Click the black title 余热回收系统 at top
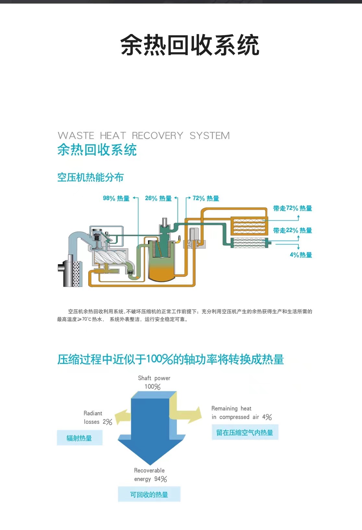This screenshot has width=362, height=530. [x=190, y=45]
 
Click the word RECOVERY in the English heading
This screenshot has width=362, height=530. [x=157, y=135]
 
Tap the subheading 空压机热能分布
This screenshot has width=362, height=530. [x=90, y=177]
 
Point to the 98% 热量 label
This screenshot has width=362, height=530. [x=116, y=198]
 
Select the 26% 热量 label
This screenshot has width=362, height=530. [x=158, y=198]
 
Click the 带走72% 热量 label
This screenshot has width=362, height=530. [x=292, y=208]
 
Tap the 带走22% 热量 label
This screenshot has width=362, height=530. [x=292, y=230]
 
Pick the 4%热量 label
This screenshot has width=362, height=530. [x=301, y=255]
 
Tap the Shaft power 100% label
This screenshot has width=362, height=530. [x=154, y=382]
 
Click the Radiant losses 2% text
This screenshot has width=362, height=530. [x=97, y=418]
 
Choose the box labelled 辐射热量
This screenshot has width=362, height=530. [x=79, y=438]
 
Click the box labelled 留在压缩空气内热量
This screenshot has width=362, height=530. [x=245, y=432]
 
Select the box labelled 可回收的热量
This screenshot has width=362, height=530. [x=149, y=494]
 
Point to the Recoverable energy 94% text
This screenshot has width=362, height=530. [x=150, y=475]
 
